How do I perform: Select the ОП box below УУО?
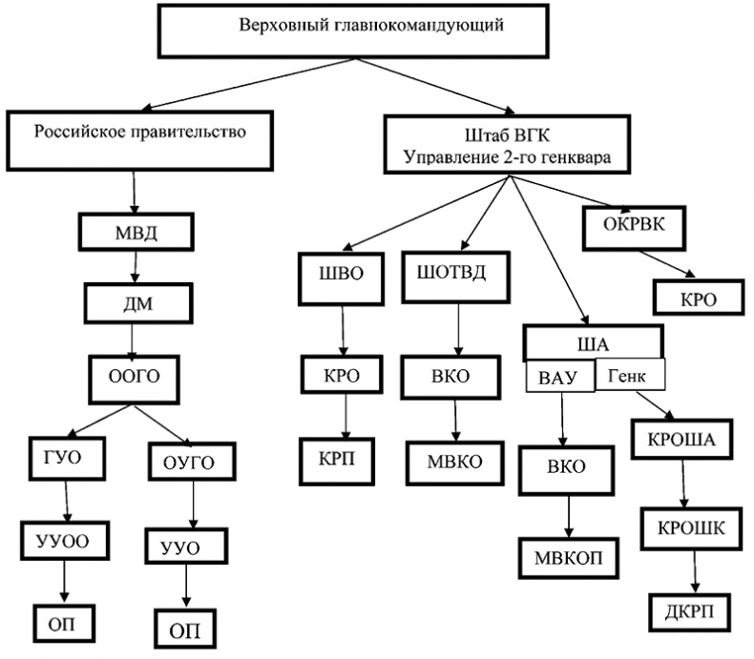point(186,629)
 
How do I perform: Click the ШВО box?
point(342,274)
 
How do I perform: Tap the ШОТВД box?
point(452,274)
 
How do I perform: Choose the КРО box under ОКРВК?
point(698,297)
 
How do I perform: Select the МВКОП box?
point(570,557)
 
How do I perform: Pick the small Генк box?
point(630,376)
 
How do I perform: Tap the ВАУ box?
point(558,377)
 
